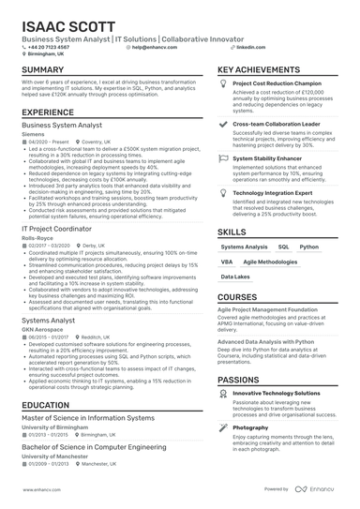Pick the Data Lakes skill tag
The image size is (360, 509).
pos(234,277)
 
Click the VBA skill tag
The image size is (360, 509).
pos(227,262)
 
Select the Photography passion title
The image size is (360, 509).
pos(250,427)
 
